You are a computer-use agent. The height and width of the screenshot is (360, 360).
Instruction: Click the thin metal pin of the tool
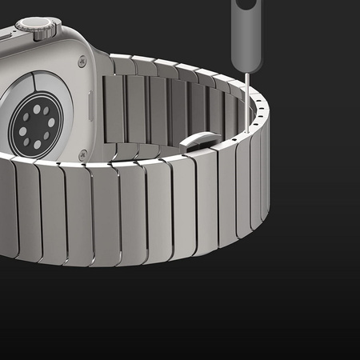(x=247, y=96)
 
